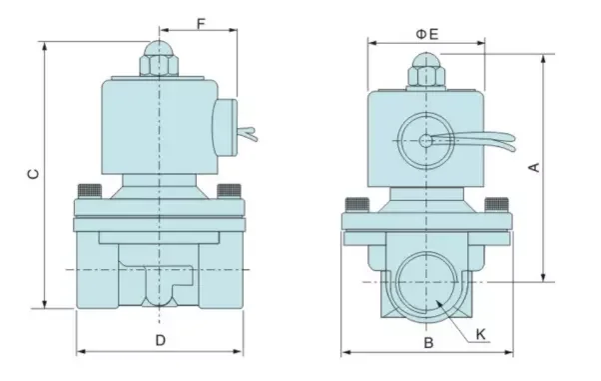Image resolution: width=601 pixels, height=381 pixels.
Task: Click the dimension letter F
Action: [x=202, y=23]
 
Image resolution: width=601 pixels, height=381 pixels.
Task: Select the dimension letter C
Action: [x=34, y=174]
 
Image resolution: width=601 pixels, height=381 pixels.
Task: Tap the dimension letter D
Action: [x=161, y=340]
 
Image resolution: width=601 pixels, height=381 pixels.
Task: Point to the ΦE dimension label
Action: [x=427, y=34]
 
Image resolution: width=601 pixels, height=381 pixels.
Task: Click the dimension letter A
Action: [x=534, y=167]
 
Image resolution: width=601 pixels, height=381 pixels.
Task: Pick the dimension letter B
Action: [x=428, y=342]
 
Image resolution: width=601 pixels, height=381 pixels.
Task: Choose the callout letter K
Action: [x=480, y=334]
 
